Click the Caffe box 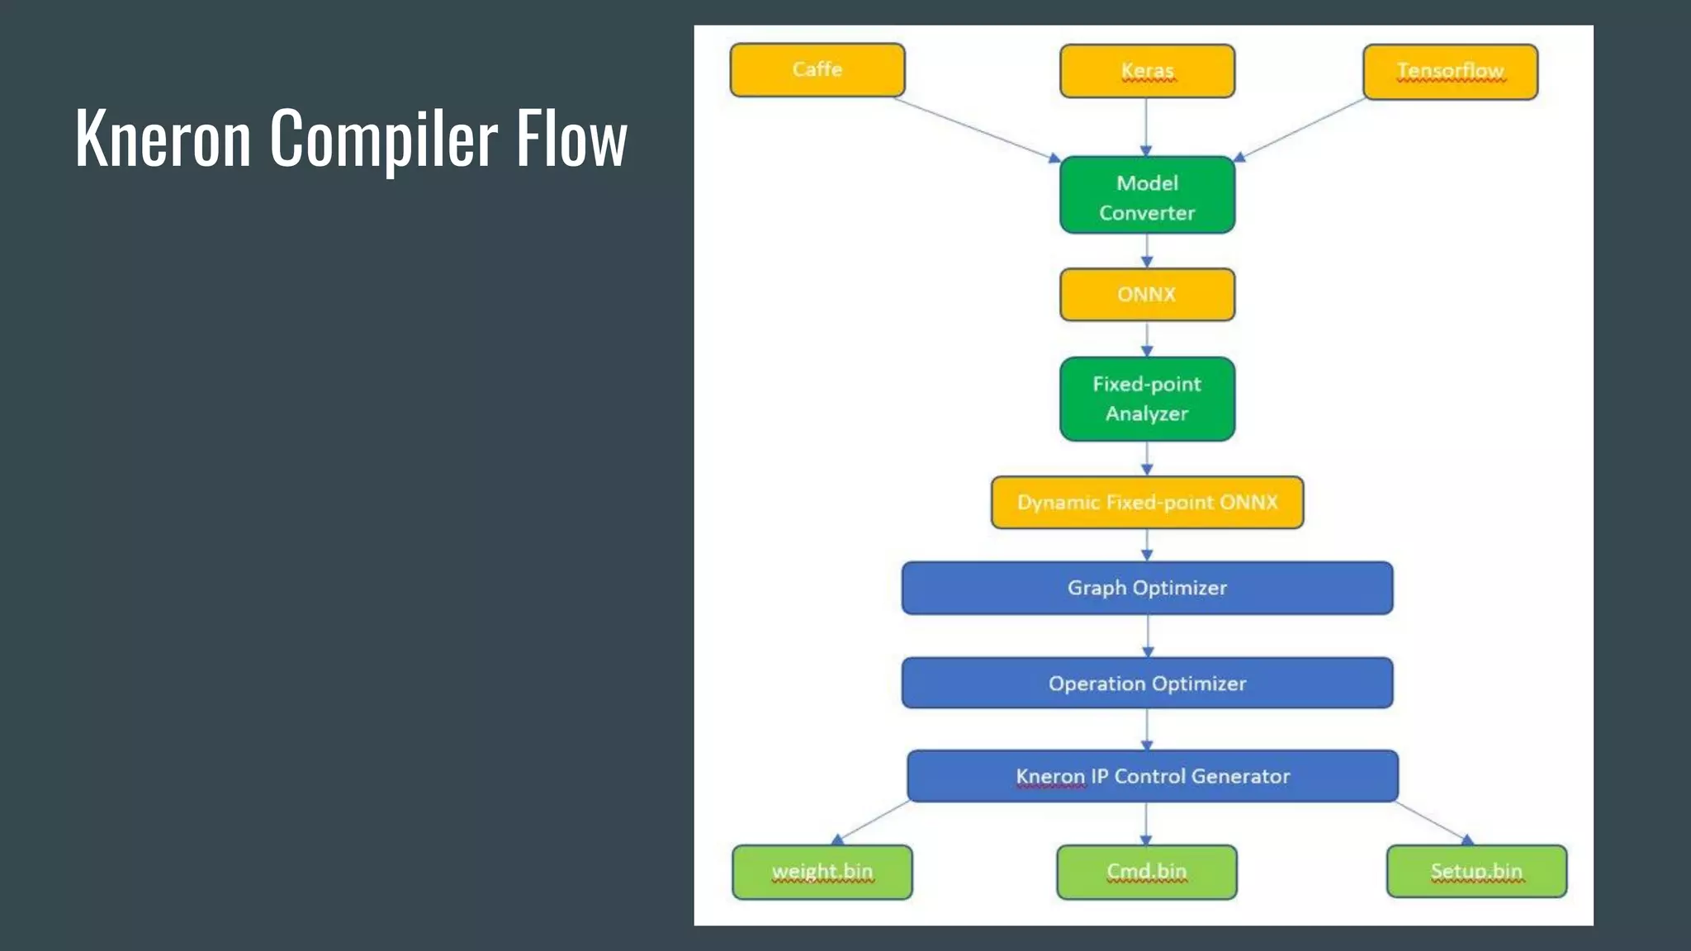point(817,70)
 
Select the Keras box point(1147,71)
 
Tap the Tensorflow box point(1450,72)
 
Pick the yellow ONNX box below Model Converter point(1147,295)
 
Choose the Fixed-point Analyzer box point(1147,399)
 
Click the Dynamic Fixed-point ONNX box point(1147,502)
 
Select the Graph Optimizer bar point(1147,588)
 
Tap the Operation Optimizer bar point(1147,683)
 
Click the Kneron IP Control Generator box point(1152,776)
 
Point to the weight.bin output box point(822,872)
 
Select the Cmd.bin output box point(1146,872)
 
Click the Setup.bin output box point(1476,871)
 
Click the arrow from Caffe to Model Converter point(974,128)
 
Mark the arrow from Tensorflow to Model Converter point(1300,129)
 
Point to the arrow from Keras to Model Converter point(1146,126)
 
